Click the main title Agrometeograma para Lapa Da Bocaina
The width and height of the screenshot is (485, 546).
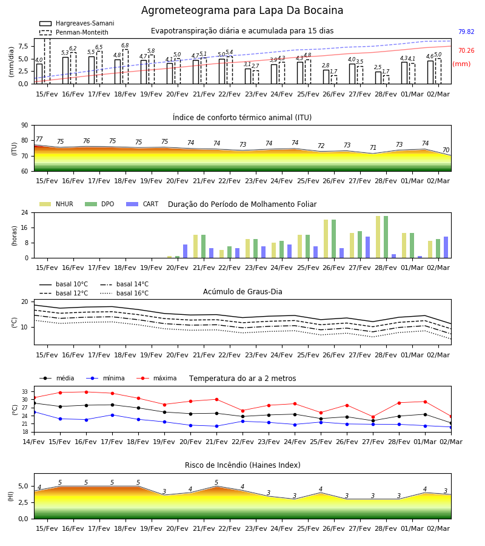tap(242, 10)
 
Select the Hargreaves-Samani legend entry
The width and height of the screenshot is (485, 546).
tap(76, 23)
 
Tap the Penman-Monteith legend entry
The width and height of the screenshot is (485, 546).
tap(74, 32)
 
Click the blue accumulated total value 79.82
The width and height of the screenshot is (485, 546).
tap(466, 32)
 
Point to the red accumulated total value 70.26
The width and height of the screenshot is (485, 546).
tap(466, 50)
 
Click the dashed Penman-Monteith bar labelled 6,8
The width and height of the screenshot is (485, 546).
tap(125, 67)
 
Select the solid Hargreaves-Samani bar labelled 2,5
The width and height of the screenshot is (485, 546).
tap(378, 78)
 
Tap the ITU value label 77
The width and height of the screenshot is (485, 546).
tap(39, 140)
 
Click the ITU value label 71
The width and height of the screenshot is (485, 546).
tap(373, 147)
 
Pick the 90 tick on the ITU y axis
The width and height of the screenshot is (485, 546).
tap(25, 126)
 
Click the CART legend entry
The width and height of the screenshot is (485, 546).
tap(142, 204)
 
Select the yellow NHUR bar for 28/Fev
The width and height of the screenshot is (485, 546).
tap(378, 237)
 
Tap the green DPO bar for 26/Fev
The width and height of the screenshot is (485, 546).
tap(333, 239)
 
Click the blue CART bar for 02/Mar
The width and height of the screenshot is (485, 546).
tap(446, 248)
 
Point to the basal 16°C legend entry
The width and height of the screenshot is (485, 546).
tap(124, 293)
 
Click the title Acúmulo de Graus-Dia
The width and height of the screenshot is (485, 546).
tap(242, 292)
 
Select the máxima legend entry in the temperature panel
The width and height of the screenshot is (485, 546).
tap(157, 378)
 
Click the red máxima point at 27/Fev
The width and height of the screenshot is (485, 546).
tap(373, 417)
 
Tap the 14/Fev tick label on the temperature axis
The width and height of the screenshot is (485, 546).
tap(34, 442)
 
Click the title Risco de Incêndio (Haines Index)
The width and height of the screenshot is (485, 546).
tap(242, 465)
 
